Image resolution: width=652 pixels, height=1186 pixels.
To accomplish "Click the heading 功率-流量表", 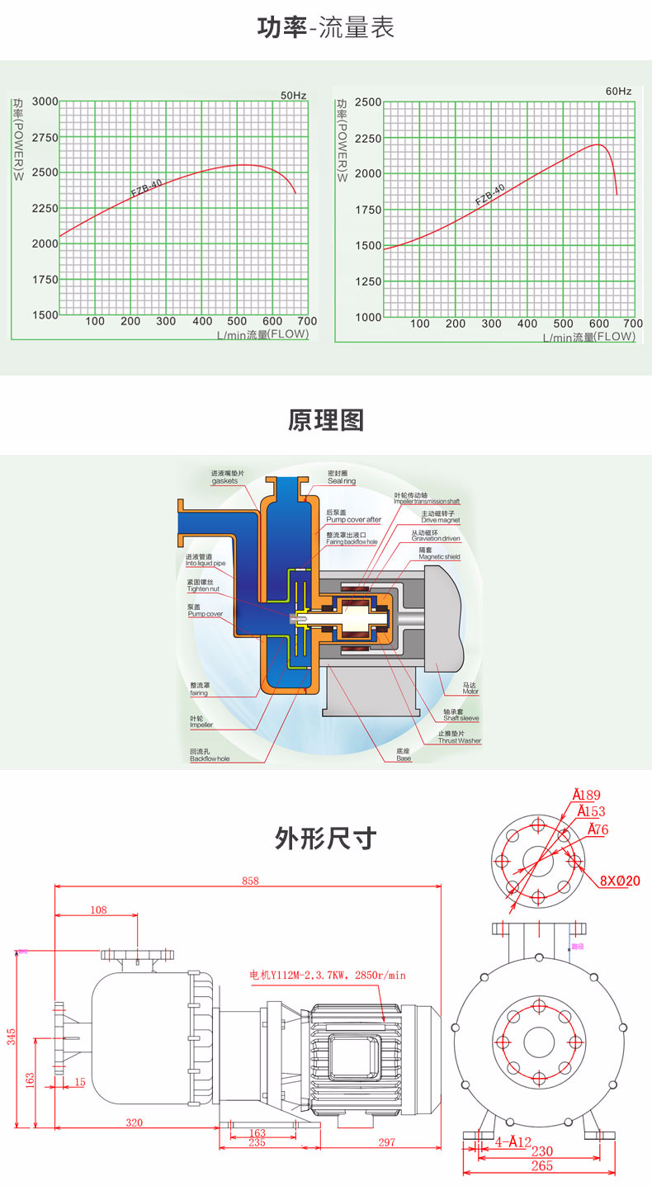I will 326,28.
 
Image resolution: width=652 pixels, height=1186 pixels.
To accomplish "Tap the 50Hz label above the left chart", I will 293,96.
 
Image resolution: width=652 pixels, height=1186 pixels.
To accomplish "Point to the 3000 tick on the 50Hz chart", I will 45,102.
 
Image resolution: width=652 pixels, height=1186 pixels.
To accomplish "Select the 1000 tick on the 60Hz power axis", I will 368,317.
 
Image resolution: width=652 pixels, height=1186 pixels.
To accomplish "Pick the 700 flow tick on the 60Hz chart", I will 632,324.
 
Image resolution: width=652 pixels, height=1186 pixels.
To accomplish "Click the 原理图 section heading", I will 326,420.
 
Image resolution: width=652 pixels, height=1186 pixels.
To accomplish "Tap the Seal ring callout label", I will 341,480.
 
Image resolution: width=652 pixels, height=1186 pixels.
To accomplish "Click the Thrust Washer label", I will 460,740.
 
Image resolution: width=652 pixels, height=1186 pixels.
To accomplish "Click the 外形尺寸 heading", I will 326,839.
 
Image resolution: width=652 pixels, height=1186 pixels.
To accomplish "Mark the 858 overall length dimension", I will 250,881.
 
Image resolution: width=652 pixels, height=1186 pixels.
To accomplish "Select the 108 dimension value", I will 98,910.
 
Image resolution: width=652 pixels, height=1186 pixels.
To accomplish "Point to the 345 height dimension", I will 12,1037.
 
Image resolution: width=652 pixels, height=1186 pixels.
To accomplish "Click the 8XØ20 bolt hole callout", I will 620,881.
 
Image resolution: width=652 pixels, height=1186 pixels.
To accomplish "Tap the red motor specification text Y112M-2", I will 328,975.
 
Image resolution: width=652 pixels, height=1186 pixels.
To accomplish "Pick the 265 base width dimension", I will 541,1166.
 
